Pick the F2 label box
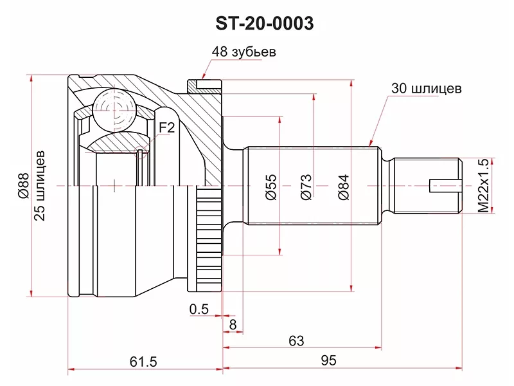(x=166, y=128)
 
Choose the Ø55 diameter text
(x=271, y=185)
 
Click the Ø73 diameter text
(x=306, y=185)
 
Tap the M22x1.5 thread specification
(x=483, y=185)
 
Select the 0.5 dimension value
(x=199, y=309)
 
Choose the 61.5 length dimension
(x=143, y=361)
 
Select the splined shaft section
(x=308, y=154)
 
